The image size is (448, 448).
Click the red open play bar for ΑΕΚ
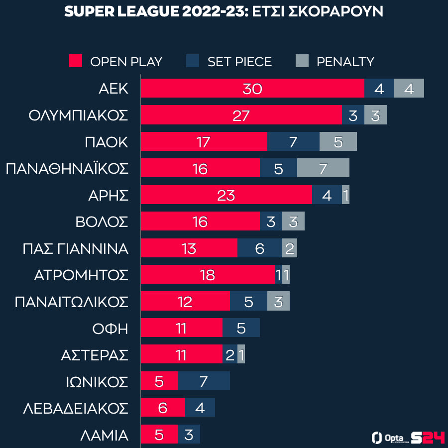[252, 88]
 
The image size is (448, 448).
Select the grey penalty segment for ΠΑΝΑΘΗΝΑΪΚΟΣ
[323, 168]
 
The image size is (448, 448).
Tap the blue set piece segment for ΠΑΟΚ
[293, 142]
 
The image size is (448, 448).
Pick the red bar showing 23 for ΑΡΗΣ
[226, 195]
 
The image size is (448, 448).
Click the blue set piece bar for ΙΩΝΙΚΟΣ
[204, 381]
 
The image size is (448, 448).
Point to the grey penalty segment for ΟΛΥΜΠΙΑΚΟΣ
[375, 115]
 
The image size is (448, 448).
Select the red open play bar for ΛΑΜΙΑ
[159, 434]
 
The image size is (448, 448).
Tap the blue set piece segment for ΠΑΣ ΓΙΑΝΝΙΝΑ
[259, 248]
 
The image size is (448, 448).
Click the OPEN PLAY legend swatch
[76, 61]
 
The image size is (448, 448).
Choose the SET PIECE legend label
[239, 62]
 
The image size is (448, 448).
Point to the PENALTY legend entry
[345, 62]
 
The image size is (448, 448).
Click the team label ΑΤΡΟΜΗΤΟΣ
[81, 275]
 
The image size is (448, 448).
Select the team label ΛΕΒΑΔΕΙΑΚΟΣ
[76, 408]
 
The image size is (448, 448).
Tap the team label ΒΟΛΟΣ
[102, 222]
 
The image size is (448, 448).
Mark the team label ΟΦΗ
[110, 329]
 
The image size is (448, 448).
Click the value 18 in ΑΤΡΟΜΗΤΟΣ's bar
[207, 275]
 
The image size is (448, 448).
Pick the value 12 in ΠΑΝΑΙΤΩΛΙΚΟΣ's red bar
[185, 301]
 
